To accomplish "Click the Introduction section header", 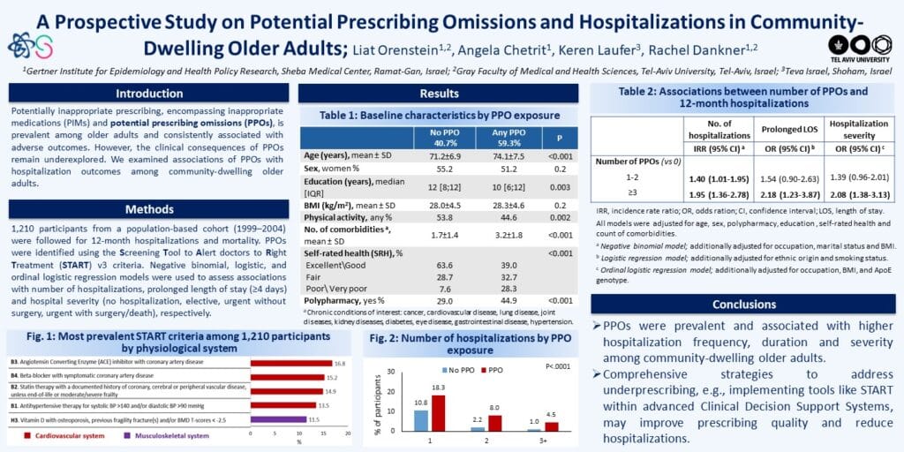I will click(148, 94).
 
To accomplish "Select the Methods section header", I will click(148, 208).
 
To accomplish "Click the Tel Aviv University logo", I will click(861, 46).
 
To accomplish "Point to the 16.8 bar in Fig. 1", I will click(291, 363).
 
